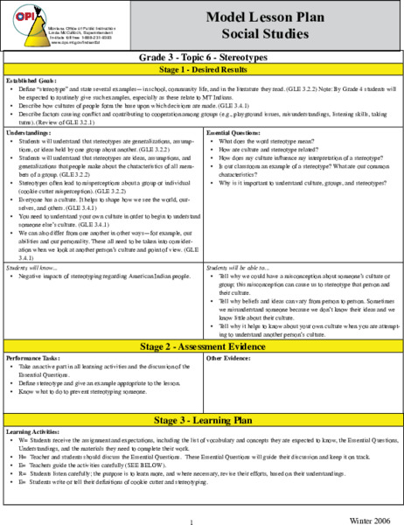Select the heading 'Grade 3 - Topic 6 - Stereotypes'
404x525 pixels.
(x=202, y=56)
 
